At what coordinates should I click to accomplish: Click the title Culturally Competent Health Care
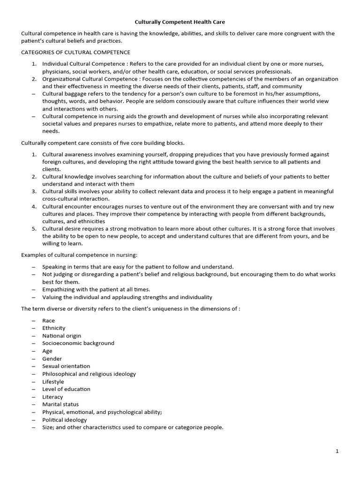(180, 22)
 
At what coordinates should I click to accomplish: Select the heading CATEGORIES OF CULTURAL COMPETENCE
(75, 52)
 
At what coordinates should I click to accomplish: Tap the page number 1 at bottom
(337, 451)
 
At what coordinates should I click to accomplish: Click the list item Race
(48, 321)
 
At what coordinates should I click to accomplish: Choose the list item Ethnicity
(54, 328)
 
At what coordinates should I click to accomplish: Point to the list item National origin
(61, 336)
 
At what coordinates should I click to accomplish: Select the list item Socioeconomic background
(78, 343)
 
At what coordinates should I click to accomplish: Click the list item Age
(47, 351)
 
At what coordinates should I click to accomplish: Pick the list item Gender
(52, 359)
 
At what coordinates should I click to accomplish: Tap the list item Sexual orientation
(66, 366)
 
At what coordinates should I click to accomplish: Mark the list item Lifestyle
(53, 382)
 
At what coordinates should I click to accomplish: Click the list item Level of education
(66, 389)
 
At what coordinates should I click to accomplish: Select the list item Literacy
(52, 397)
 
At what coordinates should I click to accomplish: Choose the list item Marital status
(60, 404)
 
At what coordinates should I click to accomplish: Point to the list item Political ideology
(65, 420)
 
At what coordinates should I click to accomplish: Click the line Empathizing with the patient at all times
(96, 290)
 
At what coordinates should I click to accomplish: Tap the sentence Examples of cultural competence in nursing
(79, 255)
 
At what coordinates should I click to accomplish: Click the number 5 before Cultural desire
(34, 229)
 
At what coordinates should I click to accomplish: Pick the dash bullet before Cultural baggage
(34, 94)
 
